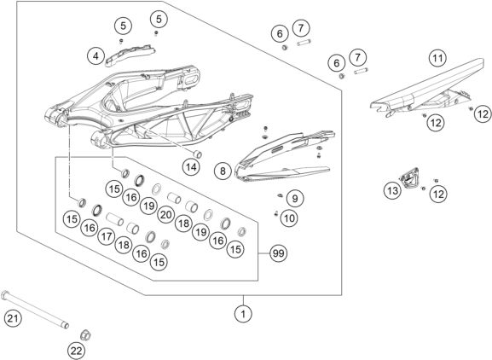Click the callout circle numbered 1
pyautogui.click(x=245, y=314)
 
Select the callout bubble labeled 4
pyautogui.click(x=97, y=55)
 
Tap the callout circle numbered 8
pyautogui.click(x=222, y=171)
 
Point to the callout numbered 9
pyautogui.click(x=294, y=198)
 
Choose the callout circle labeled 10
pyautogui.click(x=290, y=218)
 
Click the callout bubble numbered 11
pyautogui.click(x=437, y=59)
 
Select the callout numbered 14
pyautogui.click(x=191, y=167)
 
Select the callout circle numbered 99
pyautogui.click(x=278, y=253)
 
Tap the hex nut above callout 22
pyautogui.click(x=85, y=331)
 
